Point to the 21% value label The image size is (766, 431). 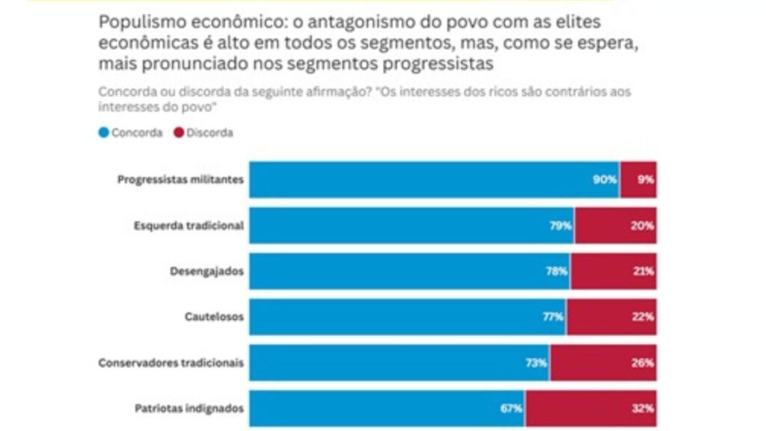[643, 272]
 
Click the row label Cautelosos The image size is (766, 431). [214, 317]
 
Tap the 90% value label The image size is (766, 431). [605, 180]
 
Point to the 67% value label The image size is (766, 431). [512, 409]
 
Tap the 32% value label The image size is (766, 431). [643, 409]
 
